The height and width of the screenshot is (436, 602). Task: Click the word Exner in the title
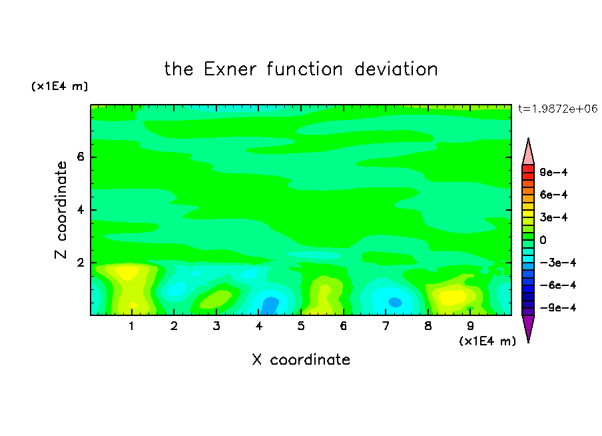[230, 69]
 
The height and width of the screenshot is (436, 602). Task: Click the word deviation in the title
[396, 69]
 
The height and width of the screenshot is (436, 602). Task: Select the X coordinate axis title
[301, 359]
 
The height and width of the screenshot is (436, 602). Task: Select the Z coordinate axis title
[61, 209]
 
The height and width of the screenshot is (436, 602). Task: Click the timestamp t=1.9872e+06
[557, 109]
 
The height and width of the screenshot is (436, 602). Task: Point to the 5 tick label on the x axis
[301, 326]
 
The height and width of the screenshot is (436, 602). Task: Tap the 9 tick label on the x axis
[470, 326]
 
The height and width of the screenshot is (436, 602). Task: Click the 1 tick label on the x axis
[131, 326]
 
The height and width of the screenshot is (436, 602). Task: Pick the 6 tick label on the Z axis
[80, 157]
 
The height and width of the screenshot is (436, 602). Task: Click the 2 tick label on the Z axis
[80, 263]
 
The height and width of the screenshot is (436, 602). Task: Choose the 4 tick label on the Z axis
[80, 210]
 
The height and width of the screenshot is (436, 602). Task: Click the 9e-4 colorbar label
[553, 172]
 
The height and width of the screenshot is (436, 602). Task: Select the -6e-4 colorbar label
[558, 285]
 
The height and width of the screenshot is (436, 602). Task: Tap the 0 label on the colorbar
[543, 240]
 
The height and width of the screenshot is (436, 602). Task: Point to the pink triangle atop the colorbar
[528, 153]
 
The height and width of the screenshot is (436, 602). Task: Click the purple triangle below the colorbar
[528, 327]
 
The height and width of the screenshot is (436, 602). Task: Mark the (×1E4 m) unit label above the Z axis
[59, 86]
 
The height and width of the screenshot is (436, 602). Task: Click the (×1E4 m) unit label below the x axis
[487, 341]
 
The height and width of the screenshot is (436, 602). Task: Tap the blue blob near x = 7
[394, 302]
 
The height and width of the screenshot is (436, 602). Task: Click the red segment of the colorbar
[528, 169]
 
